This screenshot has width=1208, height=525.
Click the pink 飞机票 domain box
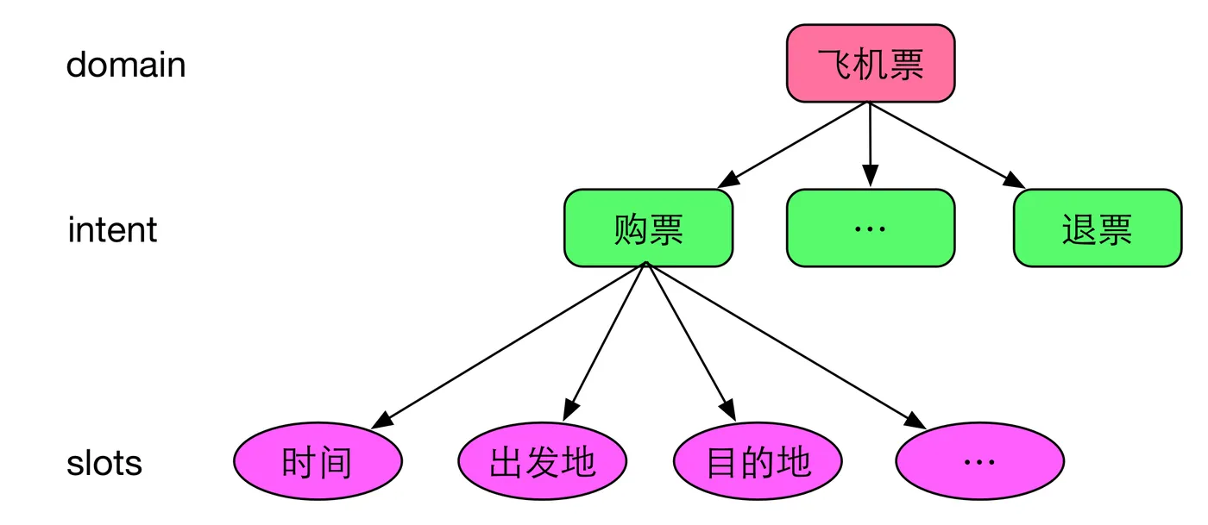870,63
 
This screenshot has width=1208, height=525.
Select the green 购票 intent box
648,228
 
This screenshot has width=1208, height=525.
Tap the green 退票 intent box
1097,228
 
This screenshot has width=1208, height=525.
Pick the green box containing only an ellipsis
870,228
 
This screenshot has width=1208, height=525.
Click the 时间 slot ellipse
318,463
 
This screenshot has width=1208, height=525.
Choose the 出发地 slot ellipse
542,463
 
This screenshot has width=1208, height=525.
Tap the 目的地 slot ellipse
758,463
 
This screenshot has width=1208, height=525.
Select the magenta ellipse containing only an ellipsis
979,463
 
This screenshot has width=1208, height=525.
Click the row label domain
126,65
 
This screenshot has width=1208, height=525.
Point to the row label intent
112,230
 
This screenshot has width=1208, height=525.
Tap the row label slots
104,464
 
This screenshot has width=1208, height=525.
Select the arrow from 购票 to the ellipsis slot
785,345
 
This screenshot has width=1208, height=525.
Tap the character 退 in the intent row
1079,229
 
